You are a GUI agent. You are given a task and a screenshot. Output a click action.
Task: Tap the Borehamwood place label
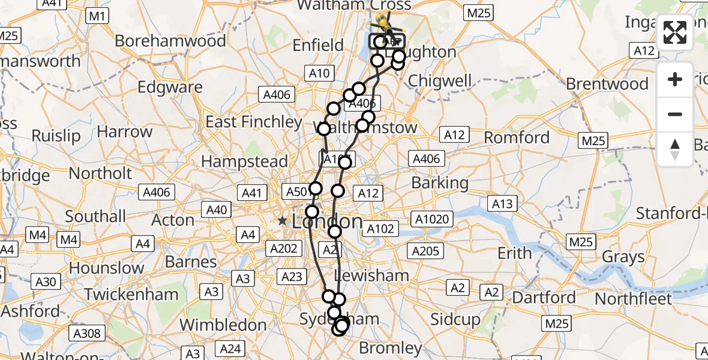point(170,41)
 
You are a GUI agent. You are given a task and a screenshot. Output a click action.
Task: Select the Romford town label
point(517,137)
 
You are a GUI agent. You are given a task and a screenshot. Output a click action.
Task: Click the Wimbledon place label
point(223,325)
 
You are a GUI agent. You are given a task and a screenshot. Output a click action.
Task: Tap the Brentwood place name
point(607,83)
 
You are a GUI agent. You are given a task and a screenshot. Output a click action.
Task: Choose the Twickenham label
point(131,295)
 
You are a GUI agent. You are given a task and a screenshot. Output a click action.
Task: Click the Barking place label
point(440,183)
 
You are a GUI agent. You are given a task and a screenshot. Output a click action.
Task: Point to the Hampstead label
point(244,161)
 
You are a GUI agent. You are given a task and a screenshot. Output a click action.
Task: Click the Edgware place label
point(170,87)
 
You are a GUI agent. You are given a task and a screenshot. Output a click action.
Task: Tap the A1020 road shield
point(431,219)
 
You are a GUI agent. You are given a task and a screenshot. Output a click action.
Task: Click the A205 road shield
point(426,251)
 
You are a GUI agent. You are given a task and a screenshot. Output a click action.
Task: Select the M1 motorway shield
point(97,16)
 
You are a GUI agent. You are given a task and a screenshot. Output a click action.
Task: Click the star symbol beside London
point(283,221)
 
